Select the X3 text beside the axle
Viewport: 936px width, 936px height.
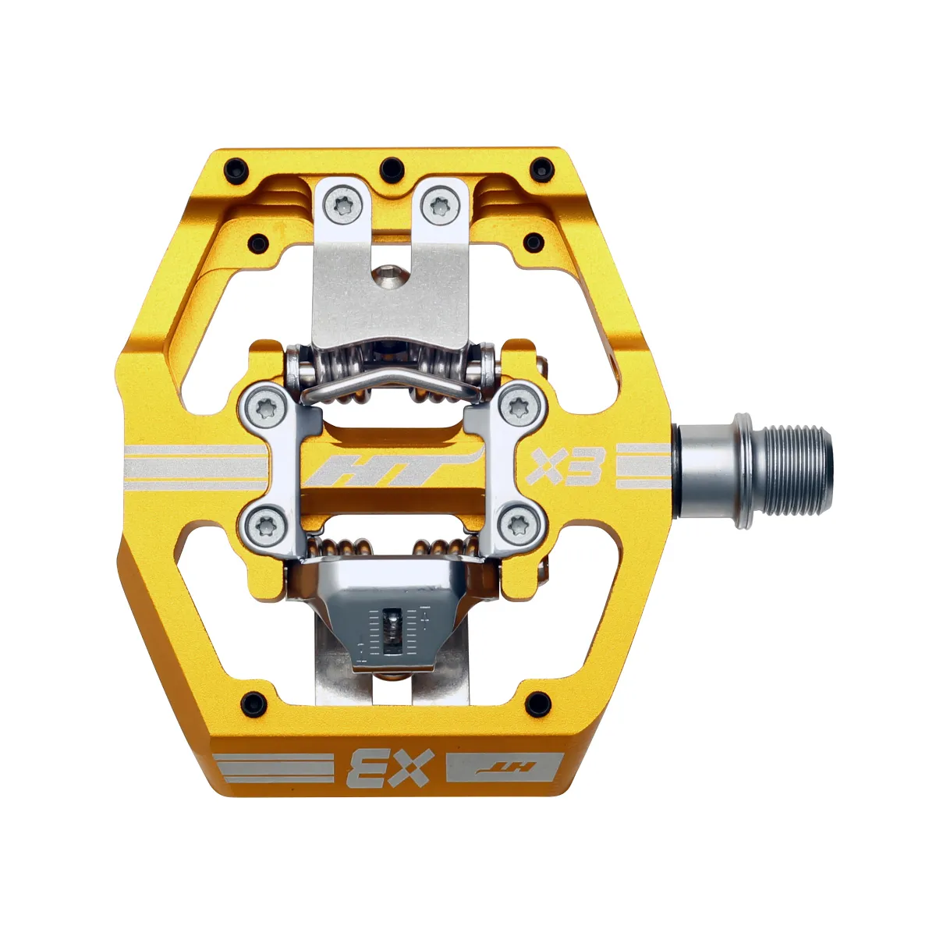click(565, 467)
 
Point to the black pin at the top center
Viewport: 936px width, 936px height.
click(391, 167)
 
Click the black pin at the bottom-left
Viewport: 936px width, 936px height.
click(251, 699)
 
